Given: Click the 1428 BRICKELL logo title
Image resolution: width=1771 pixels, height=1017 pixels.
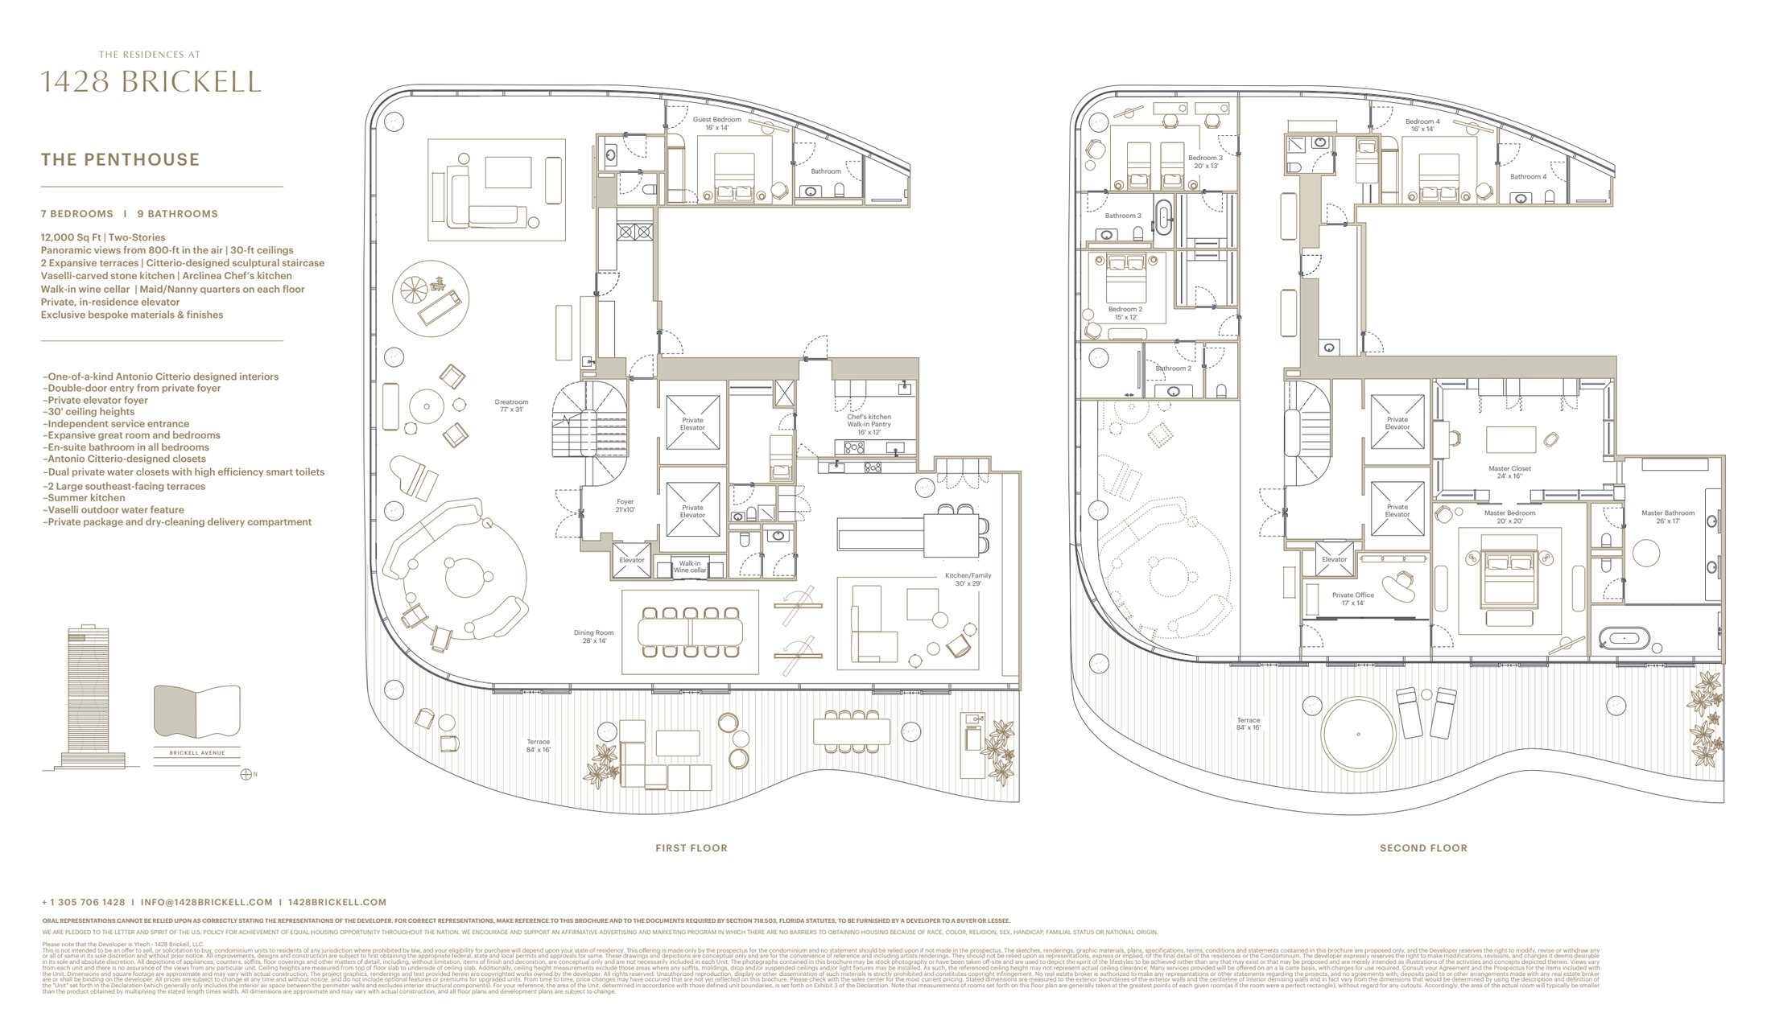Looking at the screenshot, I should pos(151,82).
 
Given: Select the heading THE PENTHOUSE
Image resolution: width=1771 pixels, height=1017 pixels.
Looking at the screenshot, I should pos(120,159).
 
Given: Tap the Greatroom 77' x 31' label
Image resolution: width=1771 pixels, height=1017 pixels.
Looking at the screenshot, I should pos(511,406).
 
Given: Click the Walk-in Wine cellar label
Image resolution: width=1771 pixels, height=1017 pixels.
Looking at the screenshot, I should pos(690,567).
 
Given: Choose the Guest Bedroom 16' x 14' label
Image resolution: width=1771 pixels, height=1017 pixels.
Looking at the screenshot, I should pos(716,123).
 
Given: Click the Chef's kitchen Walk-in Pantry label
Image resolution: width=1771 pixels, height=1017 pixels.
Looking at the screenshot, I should pos(869,424).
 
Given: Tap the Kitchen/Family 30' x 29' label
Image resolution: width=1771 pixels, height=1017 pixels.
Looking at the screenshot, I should pos(968,579).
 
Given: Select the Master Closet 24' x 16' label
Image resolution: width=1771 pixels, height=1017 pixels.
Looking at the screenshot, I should pos(1509,471).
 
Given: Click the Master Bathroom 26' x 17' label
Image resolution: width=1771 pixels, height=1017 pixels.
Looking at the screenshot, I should pos(1668,517).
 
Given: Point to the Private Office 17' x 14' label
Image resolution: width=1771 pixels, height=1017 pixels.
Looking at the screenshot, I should pos(1352,599).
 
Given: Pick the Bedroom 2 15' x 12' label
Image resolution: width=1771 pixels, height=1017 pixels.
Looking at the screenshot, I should pos(1125,313).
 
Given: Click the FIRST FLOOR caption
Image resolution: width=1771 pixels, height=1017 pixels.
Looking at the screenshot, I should pos(691,848).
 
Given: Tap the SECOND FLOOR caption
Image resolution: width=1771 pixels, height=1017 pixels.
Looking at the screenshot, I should pos(1423,848).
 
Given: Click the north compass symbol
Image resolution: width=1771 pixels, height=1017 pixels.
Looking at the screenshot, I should pos(246,774).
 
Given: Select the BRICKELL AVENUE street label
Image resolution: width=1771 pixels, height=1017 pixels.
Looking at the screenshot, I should pos(197,753).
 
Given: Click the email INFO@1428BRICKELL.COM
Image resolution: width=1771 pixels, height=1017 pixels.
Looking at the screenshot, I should pos(207,903).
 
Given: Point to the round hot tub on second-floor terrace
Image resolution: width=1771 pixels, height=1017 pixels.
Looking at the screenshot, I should pos(1358,734).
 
